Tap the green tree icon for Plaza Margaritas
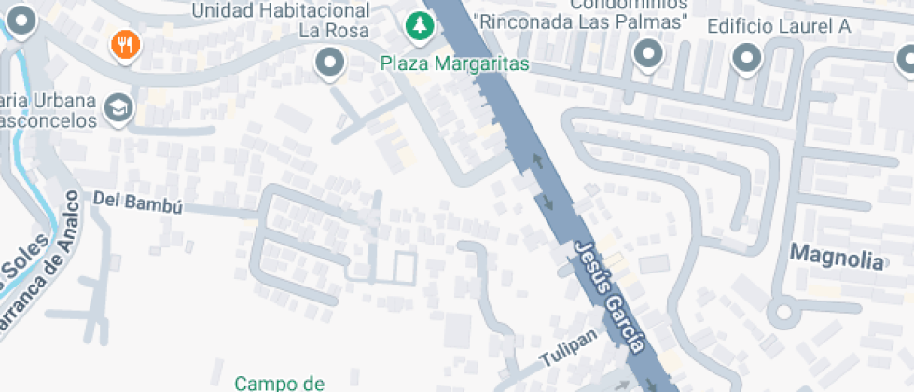click(x=421, y=25)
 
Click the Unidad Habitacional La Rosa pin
click(x=328, y=63)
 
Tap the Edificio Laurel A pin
click(x=747, y=58)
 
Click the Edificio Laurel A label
click(x=779, y=26)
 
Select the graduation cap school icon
click(x=118, y=108)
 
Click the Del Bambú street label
click(x=137, y=201)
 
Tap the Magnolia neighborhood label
click(x=836, y=257)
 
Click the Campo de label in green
click(x=279, y=383)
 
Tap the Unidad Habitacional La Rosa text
click(x=280, y=21)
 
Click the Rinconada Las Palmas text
click(x=580, y=21)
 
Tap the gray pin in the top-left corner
click(x=22, y=19)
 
